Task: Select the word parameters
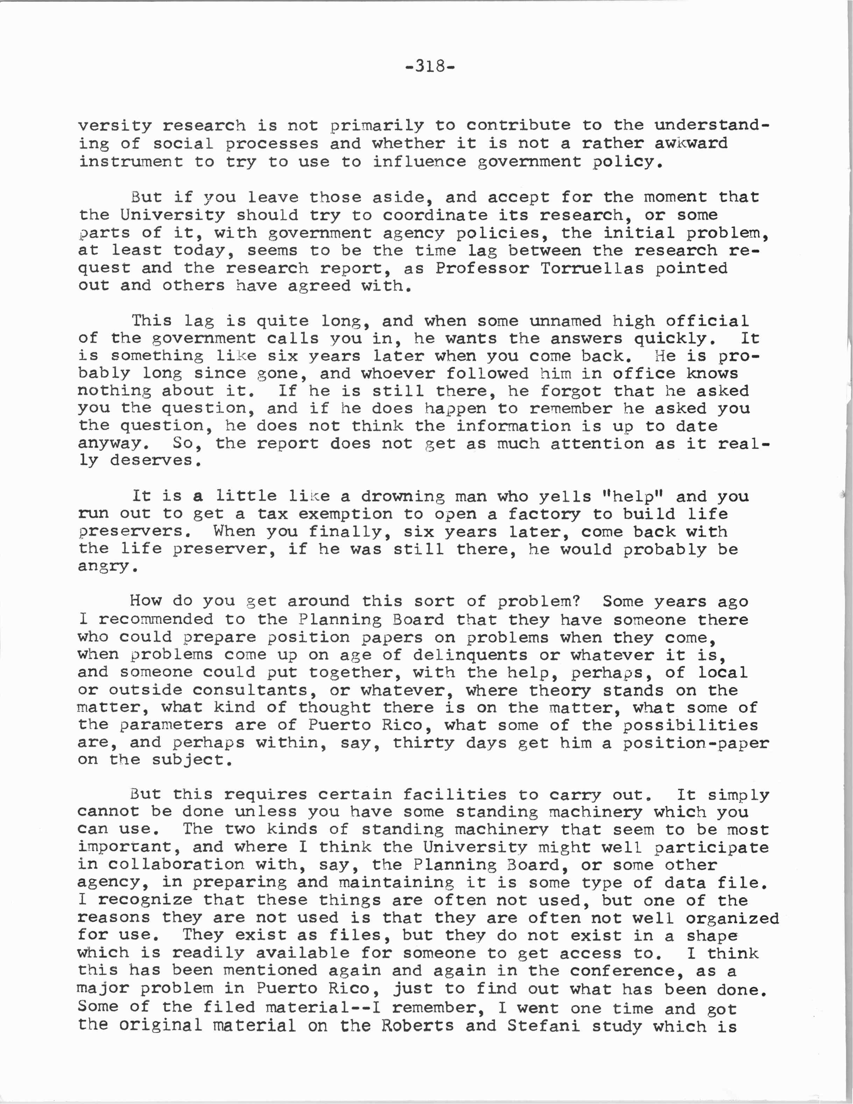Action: pyautogui.click(x=171, y=725)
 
